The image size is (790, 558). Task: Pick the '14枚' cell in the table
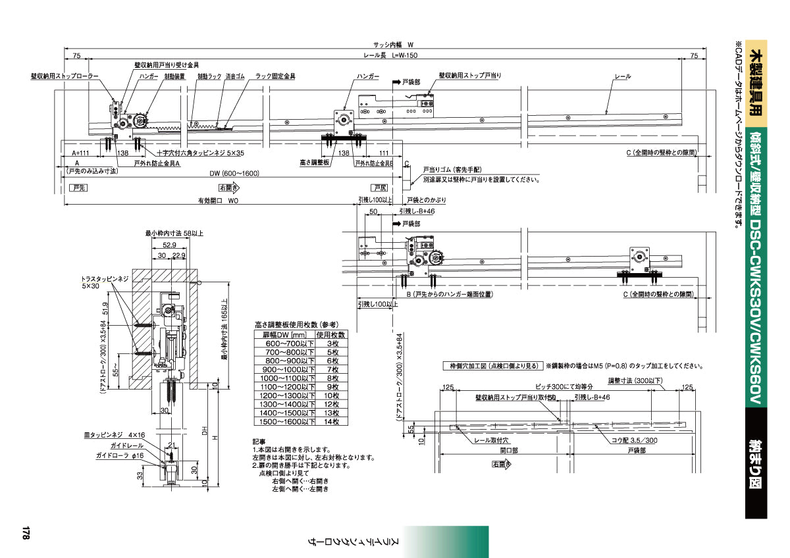pos(332,421)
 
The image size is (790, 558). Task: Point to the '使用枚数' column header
pos(332,335)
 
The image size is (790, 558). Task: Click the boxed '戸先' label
pos(79,188)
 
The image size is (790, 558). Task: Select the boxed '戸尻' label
pos(379,188)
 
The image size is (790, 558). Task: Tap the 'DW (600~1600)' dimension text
pos(234,173)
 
